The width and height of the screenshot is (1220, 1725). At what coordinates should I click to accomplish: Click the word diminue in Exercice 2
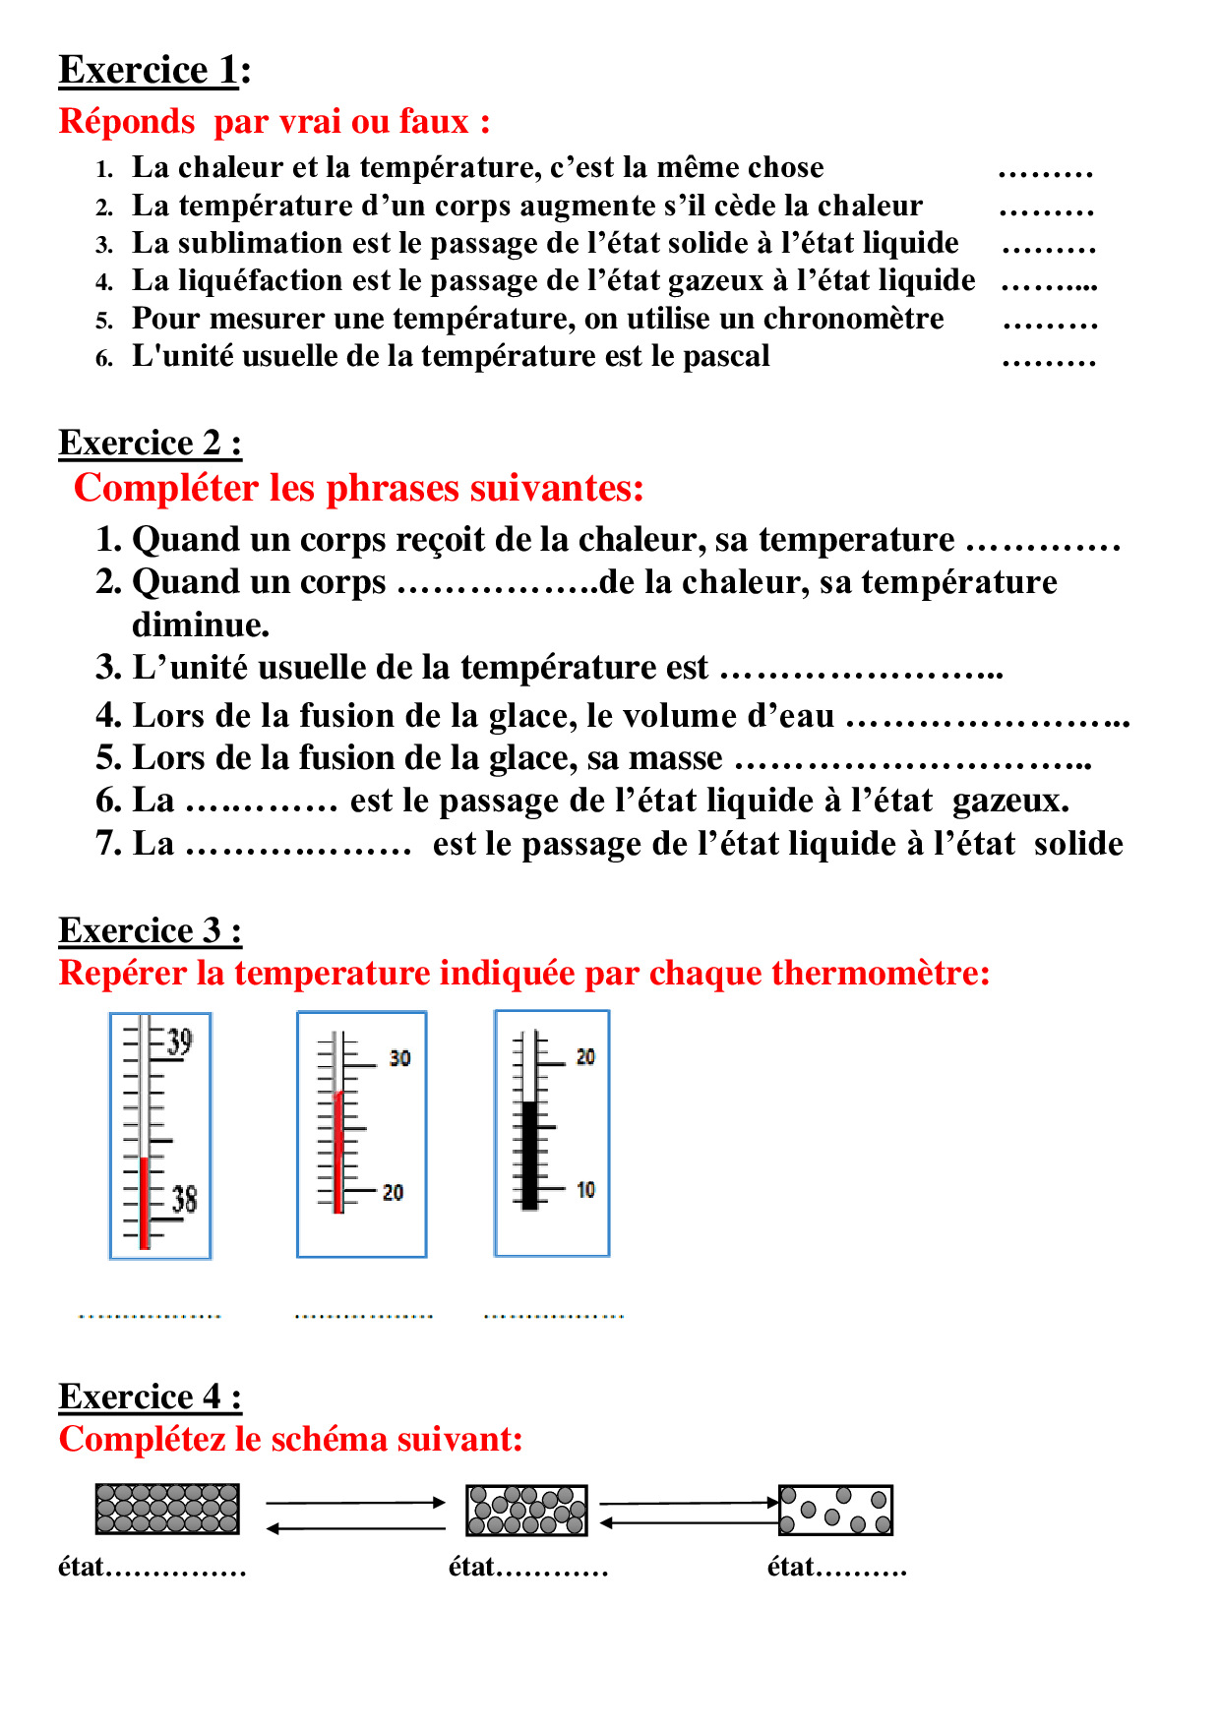[200, 625]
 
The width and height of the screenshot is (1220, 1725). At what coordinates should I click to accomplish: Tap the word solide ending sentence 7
[1078, 844]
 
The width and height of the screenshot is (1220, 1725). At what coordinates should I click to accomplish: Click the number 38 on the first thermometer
[184, 1199]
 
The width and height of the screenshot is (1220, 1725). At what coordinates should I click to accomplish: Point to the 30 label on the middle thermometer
[399, 1058]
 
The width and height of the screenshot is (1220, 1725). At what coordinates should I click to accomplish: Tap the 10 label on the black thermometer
[585, 1190]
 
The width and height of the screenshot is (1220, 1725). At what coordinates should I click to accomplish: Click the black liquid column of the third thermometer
[530, 1156]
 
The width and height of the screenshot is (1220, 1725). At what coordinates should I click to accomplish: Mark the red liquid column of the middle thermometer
[339, 1151]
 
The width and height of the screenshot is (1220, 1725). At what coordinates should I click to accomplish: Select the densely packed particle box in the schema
[167, 1509]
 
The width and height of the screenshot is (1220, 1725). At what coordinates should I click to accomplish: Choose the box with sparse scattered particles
[835, 1510]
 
